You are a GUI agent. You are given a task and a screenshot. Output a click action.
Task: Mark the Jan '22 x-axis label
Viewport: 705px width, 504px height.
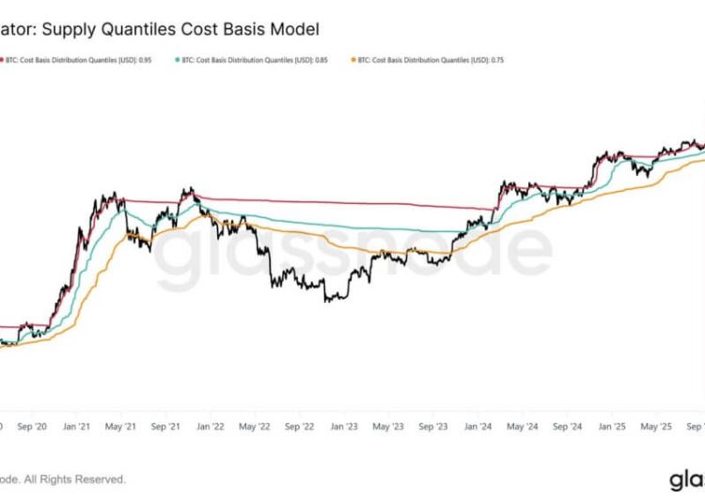tap(210, 425)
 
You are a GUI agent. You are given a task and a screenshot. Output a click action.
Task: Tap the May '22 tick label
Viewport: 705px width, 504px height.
tap(255, 425)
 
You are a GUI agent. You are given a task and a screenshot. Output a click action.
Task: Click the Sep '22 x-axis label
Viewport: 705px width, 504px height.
tap(299, 425)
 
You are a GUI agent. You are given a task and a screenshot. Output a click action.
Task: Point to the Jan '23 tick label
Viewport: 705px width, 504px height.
tap(344, 425)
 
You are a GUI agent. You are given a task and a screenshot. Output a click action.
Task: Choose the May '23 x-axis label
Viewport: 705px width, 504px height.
tap(389, 425)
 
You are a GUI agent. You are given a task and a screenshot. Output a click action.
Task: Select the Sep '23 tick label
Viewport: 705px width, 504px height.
tap(433, 425)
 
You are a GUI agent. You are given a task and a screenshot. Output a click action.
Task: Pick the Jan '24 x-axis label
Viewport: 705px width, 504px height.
tap(478, 425)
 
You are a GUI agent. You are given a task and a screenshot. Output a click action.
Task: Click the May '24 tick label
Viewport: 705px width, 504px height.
tap(524, 425)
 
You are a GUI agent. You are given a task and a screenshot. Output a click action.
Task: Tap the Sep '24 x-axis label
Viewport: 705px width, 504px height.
tap(568, 425)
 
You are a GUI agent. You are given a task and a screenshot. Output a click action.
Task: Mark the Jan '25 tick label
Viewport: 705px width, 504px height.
tap(612, 425)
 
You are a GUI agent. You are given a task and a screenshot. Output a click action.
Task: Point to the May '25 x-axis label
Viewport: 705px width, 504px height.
tap(657, 425)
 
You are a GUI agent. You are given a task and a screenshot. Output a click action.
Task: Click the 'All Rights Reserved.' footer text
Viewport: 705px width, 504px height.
tap(80, 480)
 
